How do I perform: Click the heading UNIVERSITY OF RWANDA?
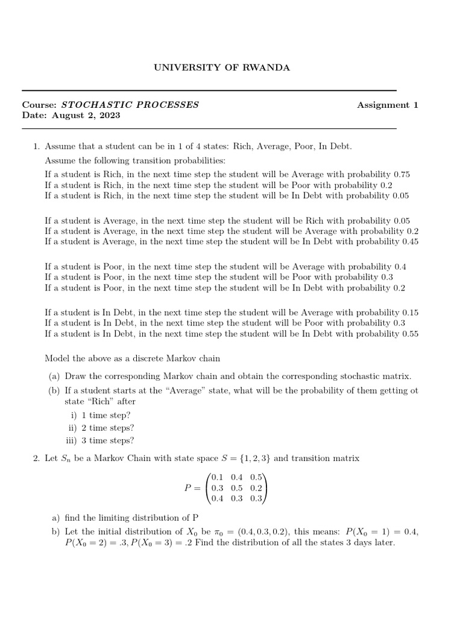pos(222,67)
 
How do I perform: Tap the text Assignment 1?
pos(387,105)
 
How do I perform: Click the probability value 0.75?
pos(401,174)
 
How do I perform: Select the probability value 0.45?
pos(406,242)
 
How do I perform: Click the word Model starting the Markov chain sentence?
pos(57,359)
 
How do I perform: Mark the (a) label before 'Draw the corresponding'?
pos(54,376)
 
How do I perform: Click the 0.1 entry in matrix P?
pos(217,478)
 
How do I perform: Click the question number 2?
pos(36,459)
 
